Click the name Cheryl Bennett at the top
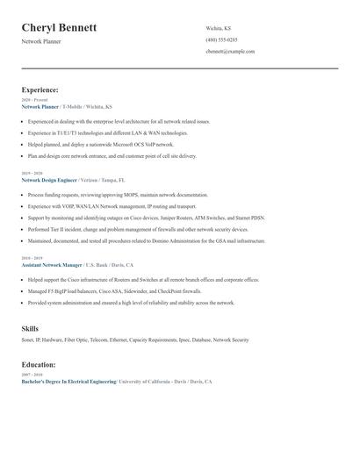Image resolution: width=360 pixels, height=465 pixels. click(59, 27)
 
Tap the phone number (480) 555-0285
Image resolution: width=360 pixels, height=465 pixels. click(221, 39)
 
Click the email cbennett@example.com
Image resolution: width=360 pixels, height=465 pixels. click(230, 52)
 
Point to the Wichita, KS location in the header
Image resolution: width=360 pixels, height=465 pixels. click(219, 27)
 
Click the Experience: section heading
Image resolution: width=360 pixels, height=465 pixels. click(40, 89)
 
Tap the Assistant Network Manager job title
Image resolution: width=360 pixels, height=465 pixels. click(51, 264)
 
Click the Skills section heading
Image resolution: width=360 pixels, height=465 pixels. click(30, 329)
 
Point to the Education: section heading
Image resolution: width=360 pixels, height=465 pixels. click(39, 364)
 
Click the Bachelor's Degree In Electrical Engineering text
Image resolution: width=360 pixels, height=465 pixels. click(68, 382)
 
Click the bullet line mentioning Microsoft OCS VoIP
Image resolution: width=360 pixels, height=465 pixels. click(101, 143)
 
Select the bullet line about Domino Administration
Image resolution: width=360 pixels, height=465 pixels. click(146, 240)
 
